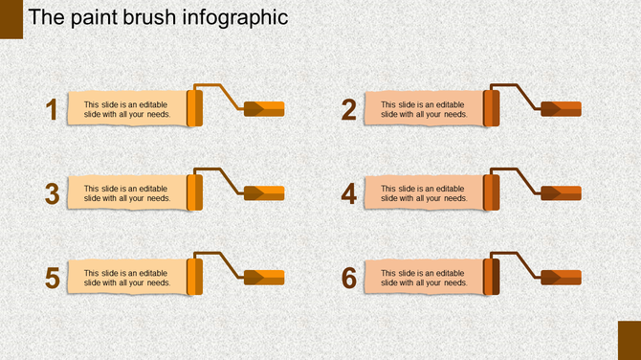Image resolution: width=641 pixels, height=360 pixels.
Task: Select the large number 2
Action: point(349,110)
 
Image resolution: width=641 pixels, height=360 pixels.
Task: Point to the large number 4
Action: point(349,193)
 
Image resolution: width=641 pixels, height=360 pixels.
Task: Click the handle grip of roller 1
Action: point(265,108)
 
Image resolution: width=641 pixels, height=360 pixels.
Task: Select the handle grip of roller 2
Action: point(562,108)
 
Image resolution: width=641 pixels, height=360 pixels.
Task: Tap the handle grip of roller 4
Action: point(562,192)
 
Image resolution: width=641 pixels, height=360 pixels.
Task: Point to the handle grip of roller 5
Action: point(265,277)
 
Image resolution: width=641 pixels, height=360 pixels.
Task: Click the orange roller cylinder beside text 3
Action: point(194,192)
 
